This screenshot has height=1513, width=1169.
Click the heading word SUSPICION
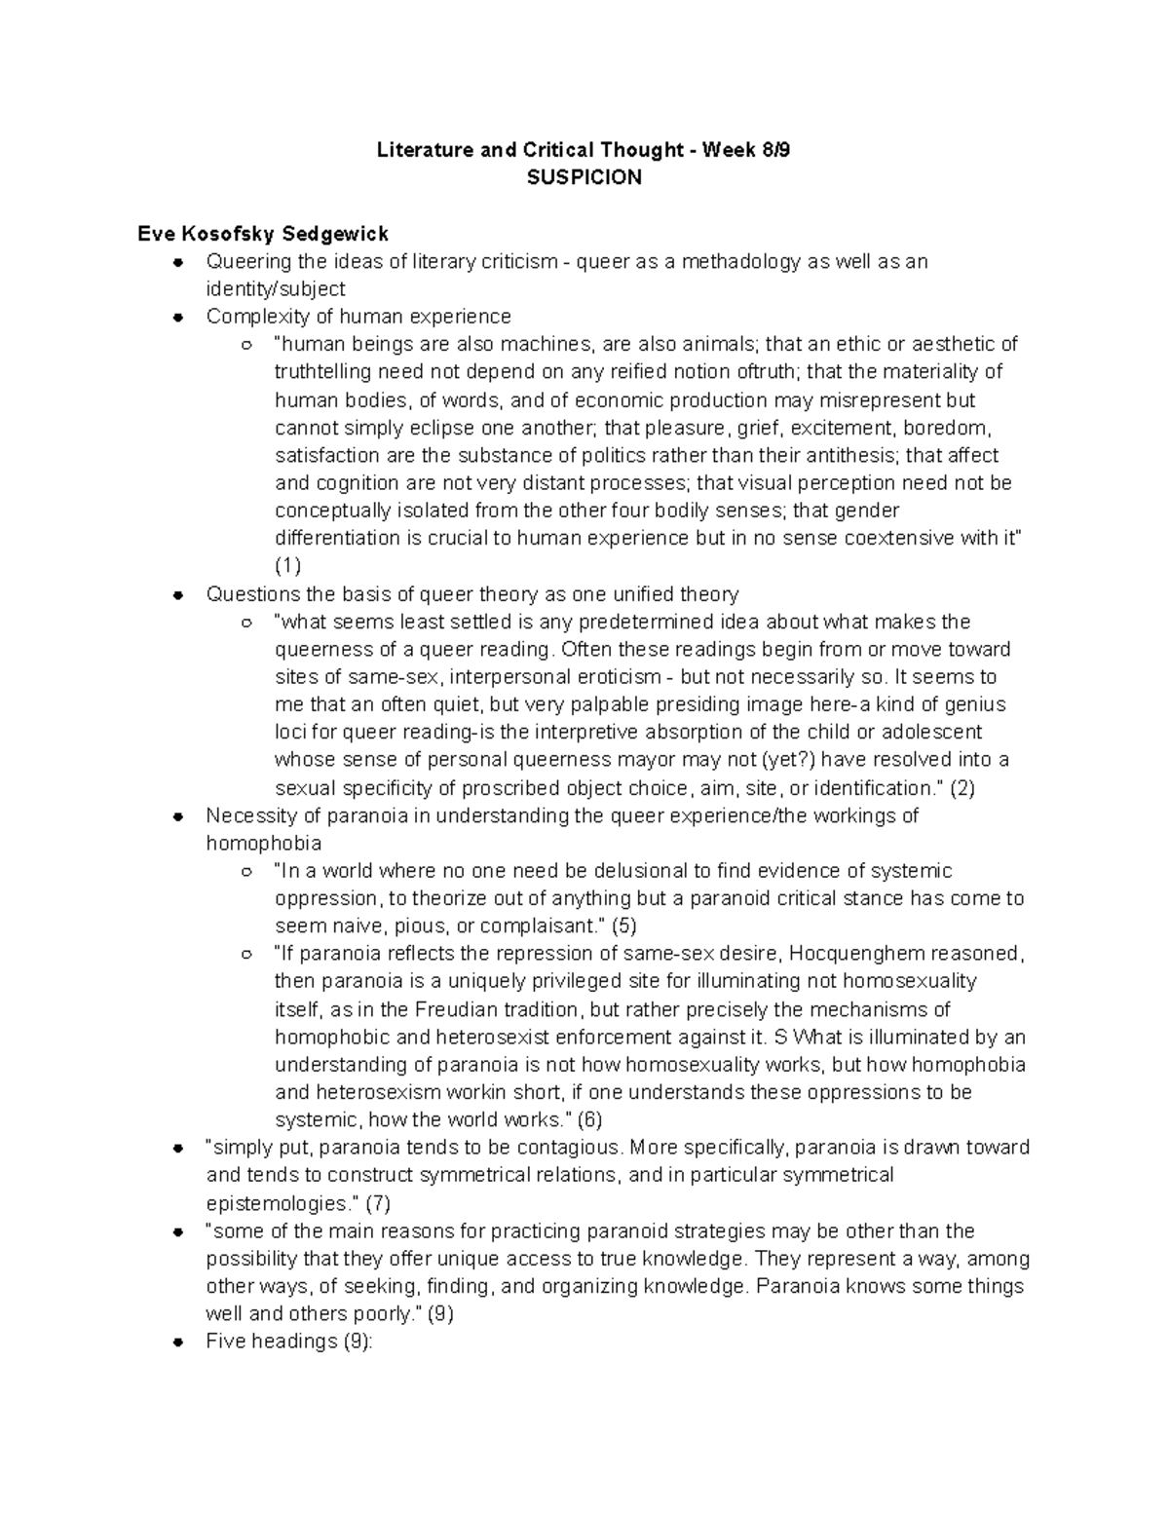(x=584, y=177)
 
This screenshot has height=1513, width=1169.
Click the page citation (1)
(x=288, y=566)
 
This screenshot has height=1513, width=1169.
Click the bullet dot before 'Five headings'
(x=177, y=1342)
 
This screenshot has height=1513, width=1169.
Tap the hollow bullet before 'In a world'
(x=247, y=871)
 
